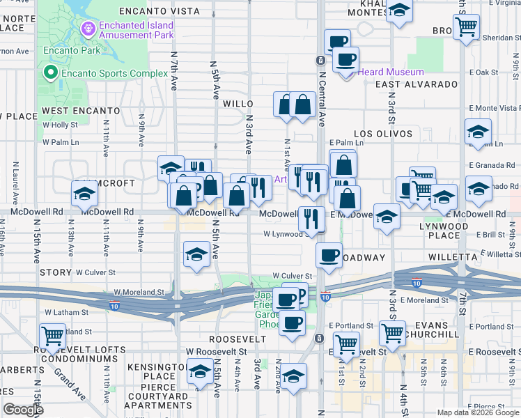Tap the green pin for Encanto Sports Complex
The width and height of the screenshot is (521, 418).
pyautogui.click(x=49, y=72)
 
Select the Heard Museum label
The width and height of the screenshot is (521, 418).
pyautogui.click(x=391, y=72)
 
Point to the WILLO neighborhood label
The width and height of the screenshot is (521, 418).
pyautogui.click(x=238, y=103)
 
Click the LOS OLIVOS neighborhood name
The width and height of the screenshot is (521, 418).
pyautogui.click(x=383, y=133)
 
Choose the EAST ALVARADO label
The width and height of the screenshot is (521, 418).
pyautogui.click(x=415, y=84)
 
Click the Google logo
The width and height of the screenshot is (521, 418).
pyautogui.click(x=24, y=410)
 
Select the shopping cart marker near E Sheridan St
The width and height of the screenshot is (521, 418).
pyautogui.click(x=466, y=27)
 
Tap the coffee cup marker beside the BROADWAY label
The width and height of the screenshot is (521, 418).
pyautogui.click(x=329, y=254)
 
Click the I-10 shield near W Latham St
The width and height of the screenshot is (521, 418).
pyautogui.click(x=114, y=305)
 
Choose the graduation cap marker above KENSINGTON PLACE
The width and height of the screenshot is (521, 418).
pyautogui.click(x=200, y=371)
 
